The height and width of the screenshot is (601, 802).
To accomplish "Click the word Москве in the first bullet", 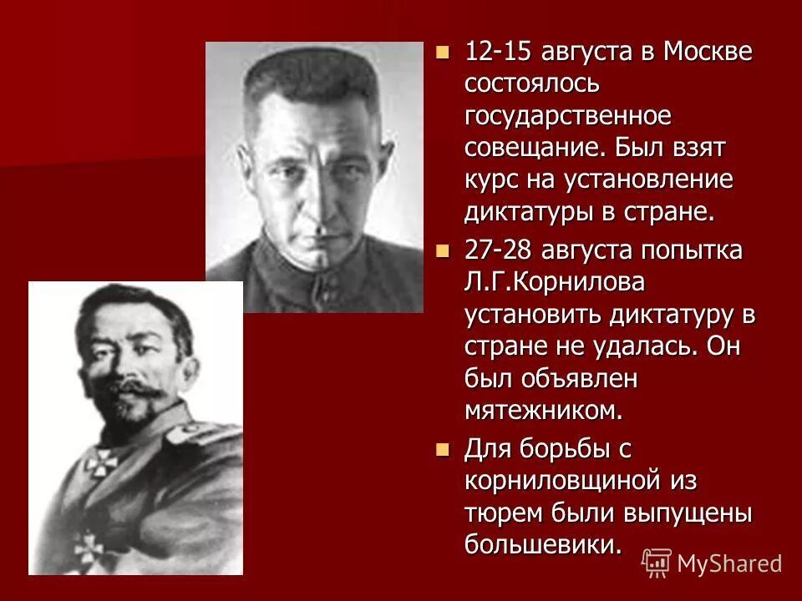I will [x=708, y=52].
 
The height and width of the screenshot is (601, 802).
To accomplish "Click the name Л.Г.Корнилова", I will [x=555, y=282].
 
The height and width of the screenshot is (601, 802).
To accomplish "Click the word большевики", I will [x=544, y=545].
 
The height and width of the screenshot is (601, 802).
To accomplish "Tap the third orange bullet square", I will [x=443, y=448].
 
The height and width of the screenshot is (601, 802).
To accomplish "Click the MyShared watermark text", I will [x=729, y=563].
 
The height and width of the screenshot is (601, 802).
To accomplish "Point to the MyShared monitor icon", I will [x=657, y=563].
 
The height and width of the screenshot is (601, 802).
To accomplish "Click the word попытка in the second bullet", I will [x=698, y=250].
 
